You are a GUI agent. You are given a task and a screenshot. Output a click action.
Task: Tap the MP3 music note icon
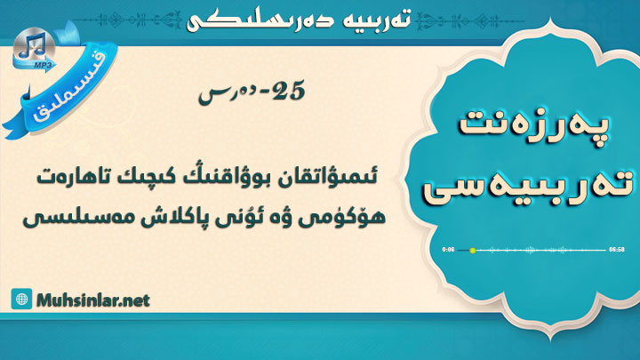(x=35, y=50)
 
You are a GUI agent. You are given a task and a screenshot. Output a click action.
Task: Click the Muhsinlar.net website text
(x=93, y=300)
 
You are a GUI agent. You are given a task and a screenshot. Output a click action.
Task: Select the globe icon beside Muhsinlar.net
(x=21, y=300)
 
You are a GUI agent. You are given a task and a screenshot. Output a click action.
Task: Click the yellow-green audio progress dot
(x=473, y=250)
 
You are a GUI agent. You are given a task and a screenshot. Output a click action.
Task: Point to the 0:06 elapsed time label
(x=448, y=250)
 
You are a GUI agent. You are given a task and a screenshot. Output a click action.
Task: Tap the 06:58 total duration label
(x=617, y=250)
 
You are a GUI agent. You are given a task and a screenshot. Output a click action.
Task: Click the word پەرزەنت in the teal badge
(x=534, y=125)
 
